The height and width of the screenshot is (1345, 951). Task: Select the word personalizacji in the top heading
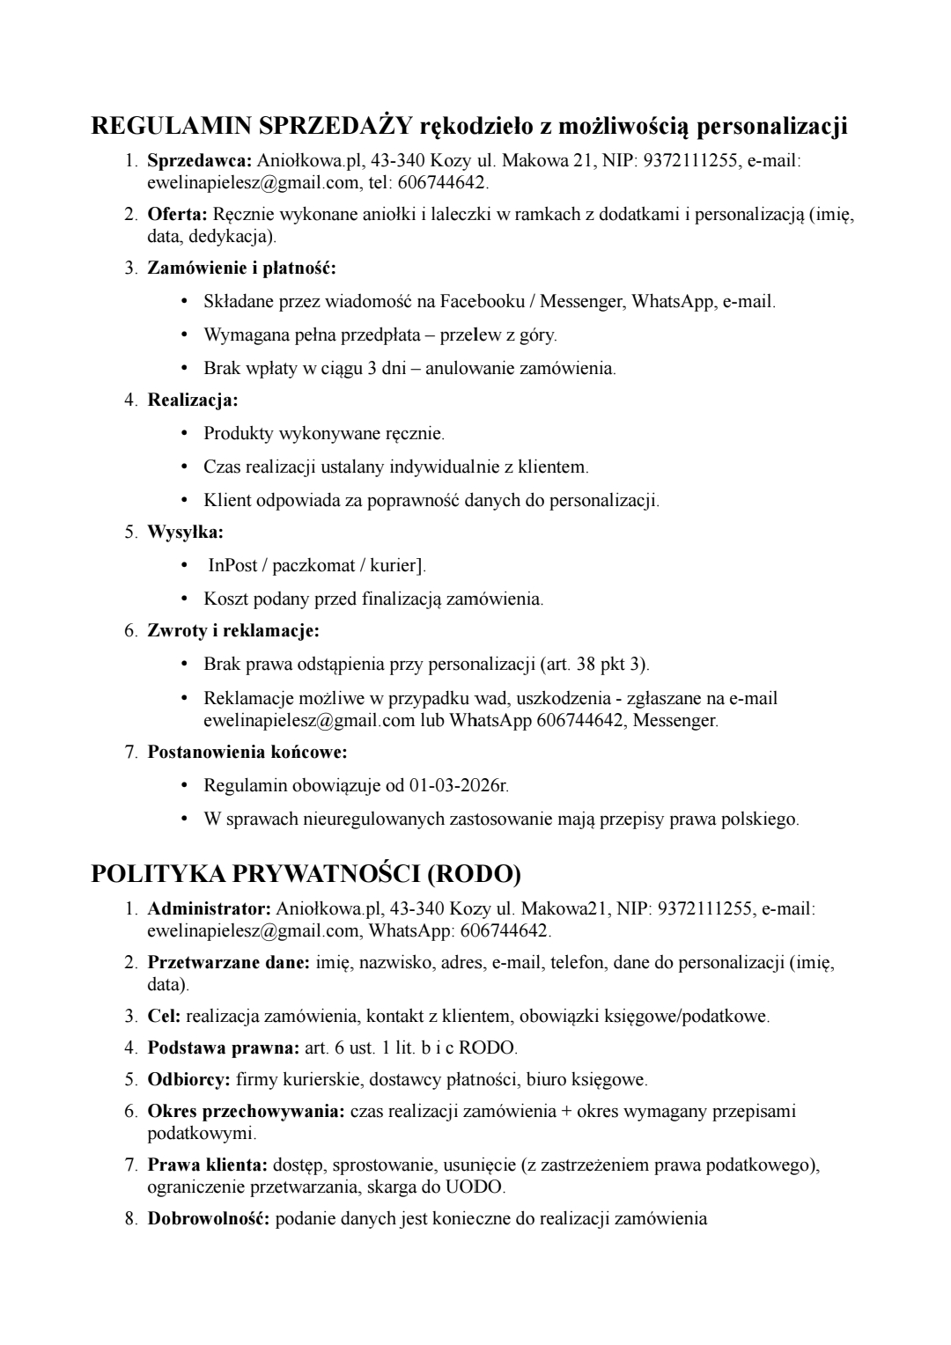pos(772,127)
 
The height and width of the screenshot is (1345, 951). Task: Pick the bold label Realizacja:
pos(193,401)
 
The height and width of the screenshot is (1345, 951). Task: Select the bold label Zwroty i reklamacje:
pos(233,631)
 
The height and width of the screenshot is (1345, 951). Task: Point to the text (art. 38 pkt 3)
pos(595,665)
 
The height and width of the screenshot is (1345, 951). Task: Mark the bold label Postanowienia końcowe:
pos(247,753)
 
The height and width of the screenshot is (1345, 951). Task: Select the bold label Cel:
pos(164,1017)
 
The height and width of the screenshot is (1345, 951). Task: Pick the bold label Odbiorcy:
pos(189,1078)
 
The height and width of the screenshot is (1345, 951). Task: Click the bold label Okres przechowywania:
pos(247,1112)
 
